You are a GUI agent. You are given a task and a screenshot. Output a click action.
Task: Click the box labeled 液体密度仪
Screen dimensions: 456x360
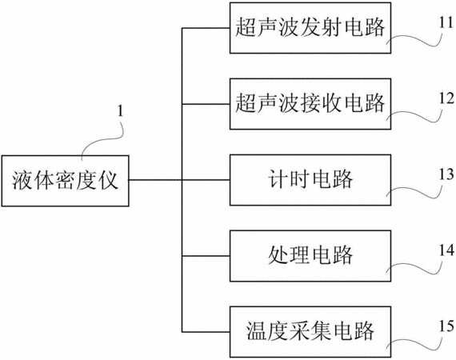65,181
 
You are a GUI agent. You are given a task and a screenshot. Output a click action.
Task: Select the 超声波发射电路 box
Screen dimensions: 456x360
310,28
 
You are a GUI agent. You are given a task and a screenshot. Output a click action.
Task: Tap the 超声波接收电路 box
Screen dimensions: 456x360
310,104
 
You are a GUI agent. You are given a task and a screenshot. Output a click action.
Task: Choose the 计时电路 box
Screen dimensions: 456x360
310,180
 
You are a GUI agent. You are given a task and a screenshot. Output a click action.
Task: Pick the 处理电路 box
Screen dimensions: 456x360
310,256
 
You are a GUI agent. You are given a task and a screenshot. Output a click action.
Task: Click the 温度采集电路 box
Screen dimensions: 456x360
310,332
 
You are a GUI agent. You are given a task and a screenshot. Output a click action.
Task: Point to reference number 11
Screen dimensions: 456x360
446,22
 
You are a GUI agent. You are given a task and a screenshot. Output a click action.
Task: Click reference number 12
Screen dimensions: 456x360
446,98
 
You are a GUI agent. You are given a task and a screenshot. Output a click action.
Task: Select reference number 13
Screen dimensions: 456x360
446,174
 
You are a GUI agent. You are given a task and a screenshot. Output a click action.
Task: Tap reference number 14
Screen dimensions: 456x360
446,250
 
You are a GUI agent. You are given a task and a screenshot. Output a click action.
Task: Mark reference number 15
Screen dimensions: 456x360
446,326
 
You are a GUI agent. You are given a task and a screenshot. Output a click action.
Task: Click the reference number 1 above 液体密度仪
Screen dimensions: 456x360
120,110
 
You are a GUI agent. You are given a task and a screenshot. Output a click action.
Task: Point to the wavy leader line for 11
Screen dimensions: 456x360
414,38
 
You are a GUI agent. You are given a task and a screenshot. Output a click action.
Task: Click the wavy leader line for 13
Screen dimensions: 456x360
414,190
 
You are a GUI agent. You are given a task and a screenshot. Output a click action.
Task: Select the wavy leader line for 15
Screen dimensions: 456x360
414,342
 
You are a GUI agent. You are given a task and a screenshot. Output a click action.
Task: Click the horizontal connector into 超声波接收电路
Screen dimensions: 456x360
206,104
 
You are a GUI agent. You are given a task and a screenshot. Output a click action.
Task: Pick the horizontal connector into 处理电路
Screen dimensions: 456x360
206,256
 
